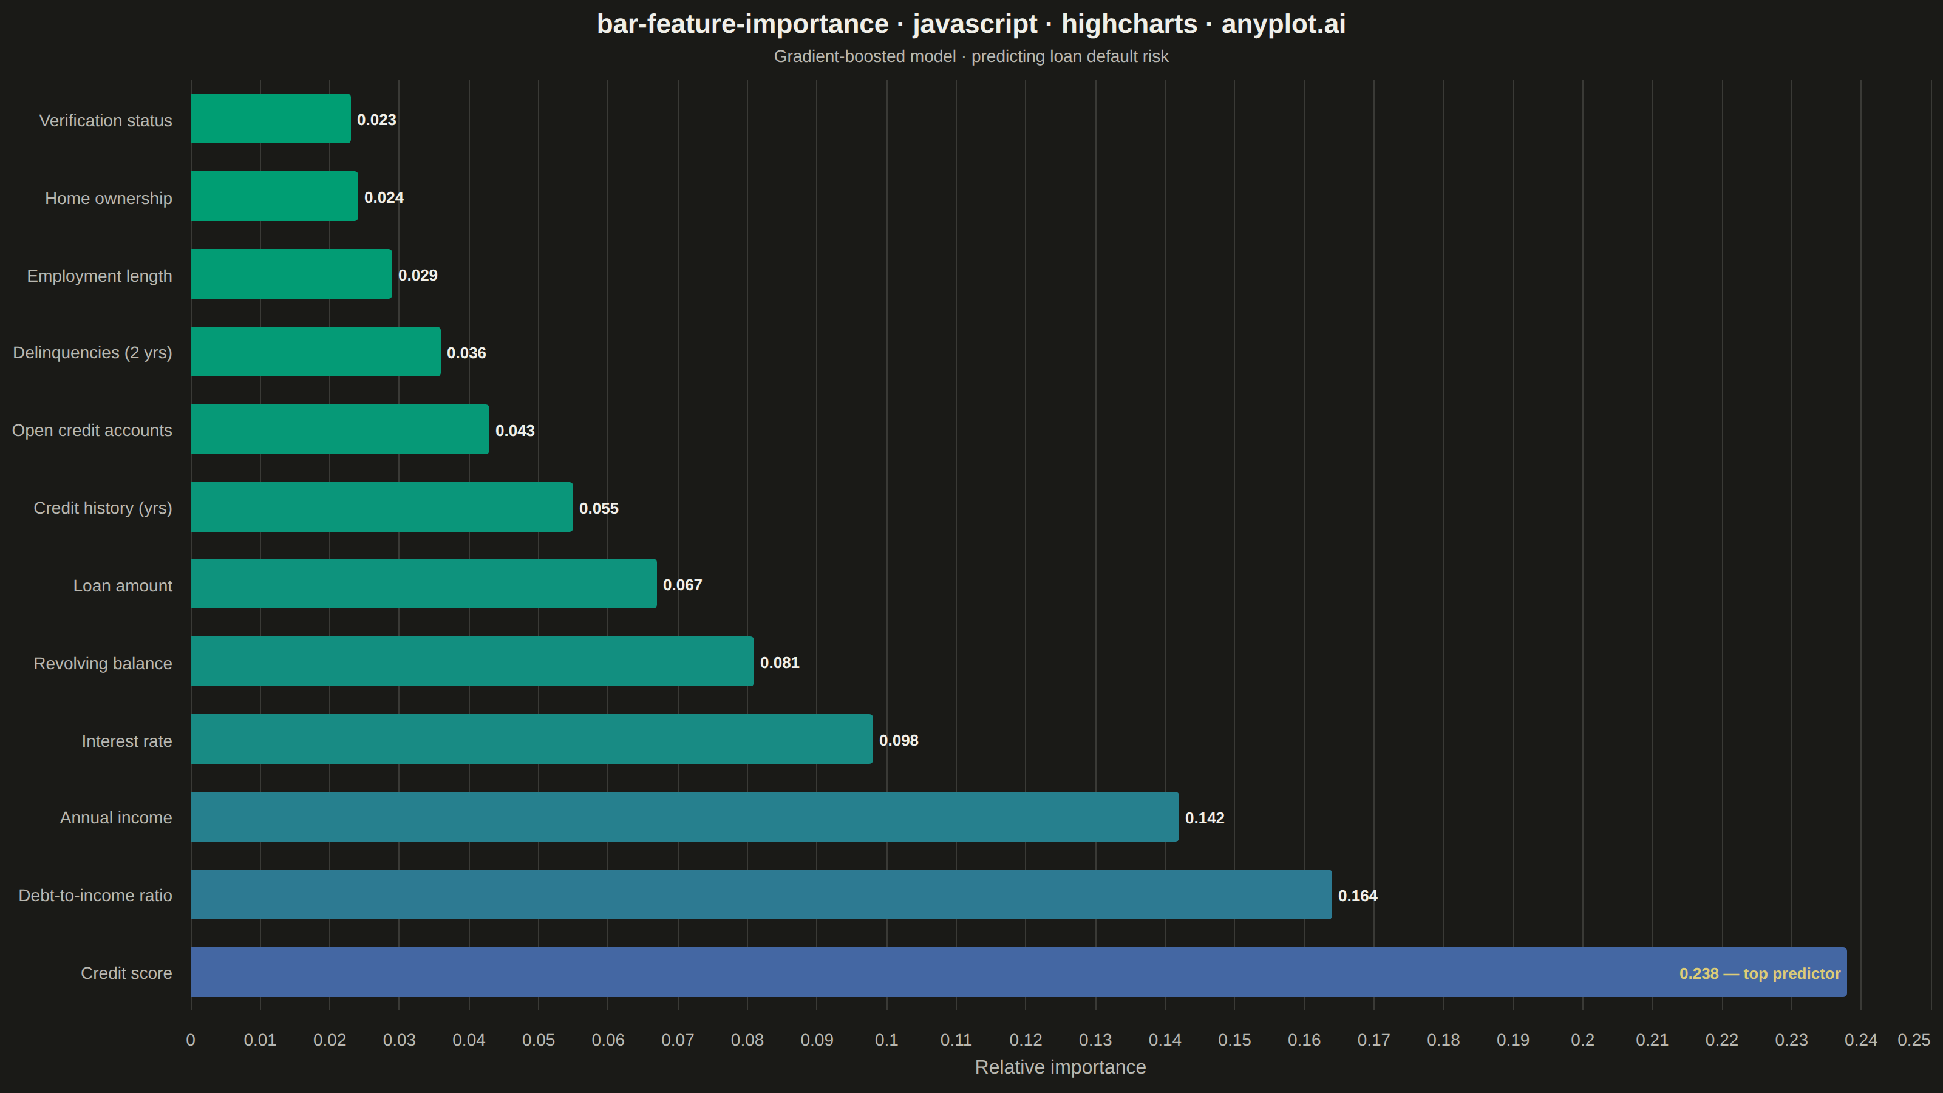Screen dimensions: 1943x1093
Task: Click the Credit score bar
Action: point(1018,972)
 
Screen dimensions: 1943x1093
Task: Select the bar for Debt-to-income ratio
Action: point(761,894)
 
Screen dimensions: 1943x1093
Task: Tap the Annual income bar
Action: point(685,817)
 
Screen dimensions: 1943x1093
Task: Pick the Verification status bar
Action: point(271,118)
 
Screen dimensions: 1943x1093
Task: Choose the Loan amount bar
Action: point(424,584)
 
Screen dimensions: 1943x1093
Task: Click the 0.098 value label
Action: point(899,741)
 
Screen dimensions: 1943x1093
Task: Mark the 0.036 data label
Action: point(466,353)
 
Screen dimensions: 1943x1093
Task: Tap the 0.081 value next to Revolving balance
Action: point(780,663)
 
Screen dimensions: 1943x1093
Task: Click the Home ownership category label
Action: point(109,199)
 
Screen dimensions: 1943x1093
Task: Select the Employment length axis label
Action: point(100,276)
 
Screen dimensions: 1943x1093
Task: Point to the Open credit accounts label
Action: point(92,431)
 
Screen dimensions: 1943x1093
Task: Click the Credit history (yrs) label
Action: point(103,508)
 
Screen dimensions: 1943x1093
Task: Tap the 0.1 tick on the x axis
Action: point(886,1040)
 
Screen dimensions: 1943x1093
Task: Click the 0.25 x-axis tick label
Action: point(1914,1040)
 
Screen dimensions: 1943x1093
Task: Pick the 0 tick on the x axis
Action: point(191,1040)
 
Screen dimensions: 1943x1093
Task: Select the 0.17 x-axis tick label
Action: point(1373,1040)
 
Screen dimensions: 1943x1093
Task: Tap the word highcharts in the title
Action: point(1129,24)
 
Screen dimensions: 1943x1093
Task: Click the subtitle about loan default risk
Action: point(971,56)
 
